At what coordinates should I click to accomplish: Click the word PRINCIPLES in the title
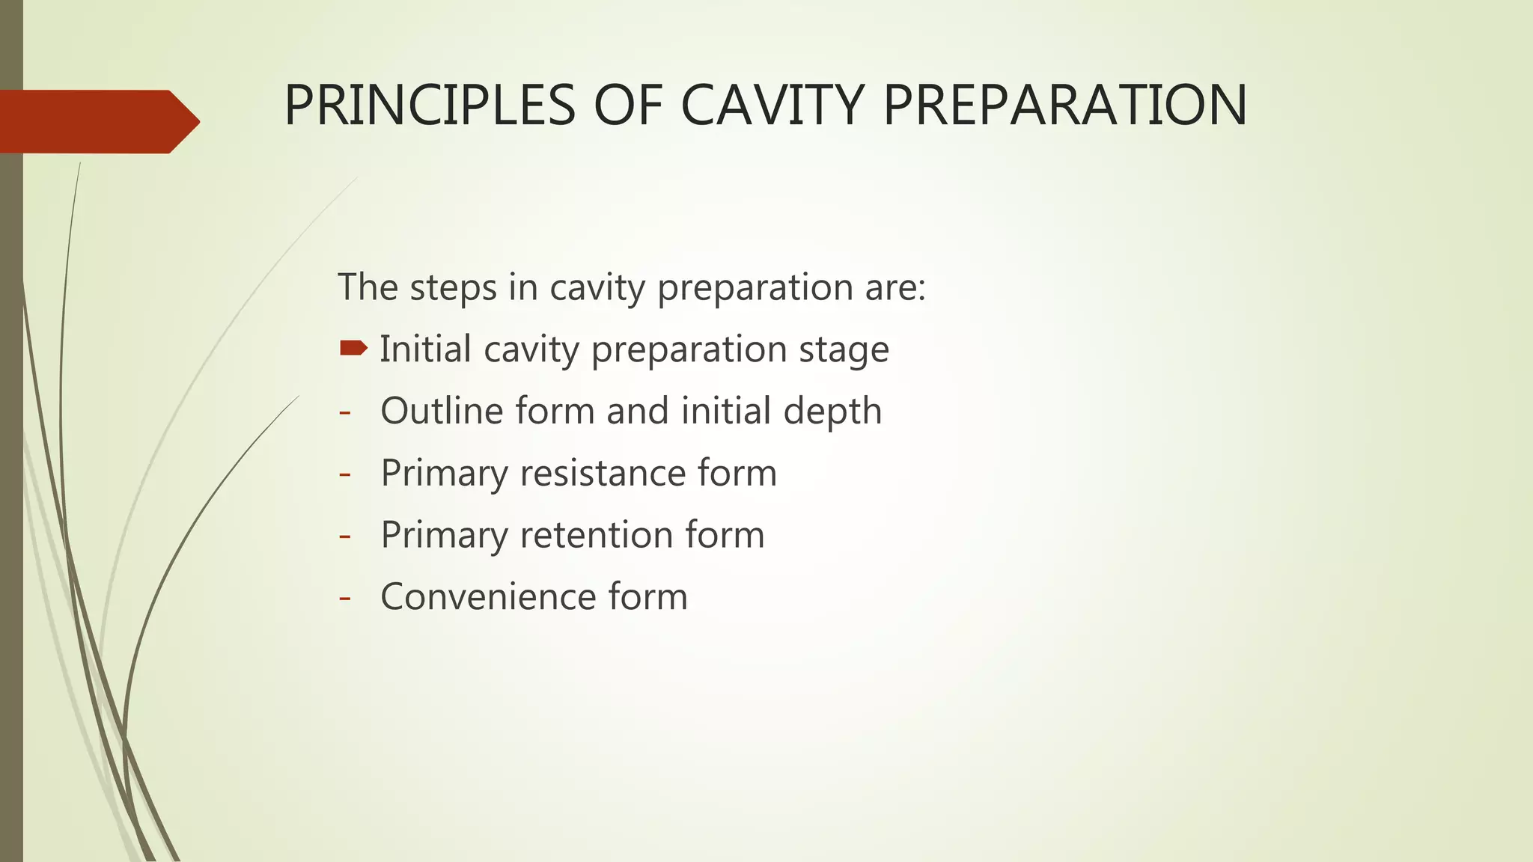[x=430, y=106]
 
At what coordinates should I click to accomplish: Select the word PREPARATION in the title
[x=1064, y=106]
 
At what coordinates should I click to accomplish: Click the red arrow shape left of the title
[x=97, y=122]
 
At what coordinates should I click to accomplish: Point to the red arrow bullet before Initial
[x=353, y=348]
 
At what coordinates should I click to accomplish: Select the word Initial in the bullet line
[x=425, y=349]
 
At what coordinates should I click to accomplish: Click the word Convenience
[x=487, y=597]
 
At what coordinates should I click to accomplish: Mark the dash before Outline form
[x=345, y=412]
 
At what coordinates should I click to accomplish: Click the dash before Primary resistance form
[x=345, y=474]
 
